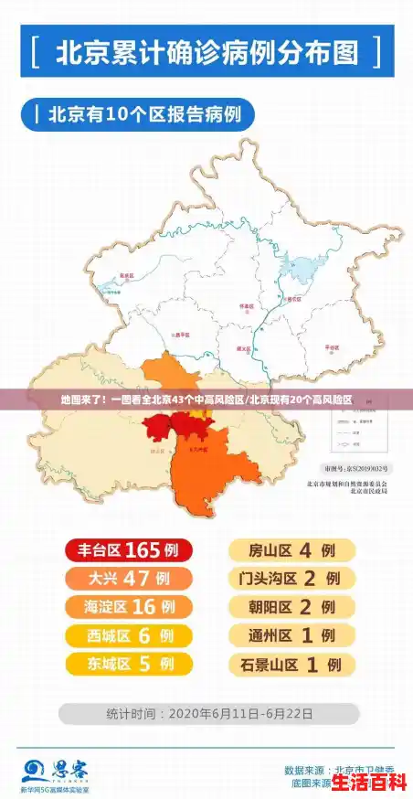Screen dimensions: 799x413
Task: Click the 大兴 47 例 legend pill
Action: point(127,579)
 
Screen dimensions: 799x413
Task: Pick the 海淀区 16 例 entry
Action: point(127,607)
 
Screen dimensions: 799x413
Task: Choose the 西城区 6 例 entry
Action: point(127,635)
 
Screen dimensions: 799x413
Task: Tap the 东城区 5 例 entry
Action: point(127,664)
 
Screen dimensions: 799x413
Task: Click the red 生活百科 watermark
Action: point(368,783)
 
